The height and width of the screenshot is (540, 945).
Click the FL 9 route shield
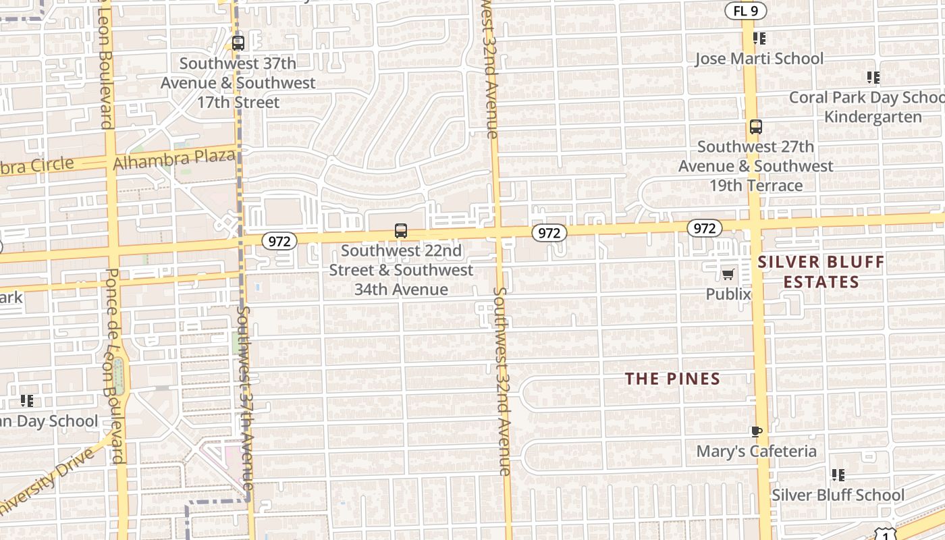(745, 11)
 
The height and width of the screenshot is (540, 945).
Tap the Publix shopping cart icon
(728, 274)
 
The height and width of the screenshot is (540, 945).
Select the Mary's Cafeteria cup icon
(756, 431)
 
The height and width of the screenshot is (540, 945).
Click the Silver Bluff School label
(838, 495)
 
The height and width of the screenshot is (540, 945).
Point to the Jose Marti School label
(759, 59)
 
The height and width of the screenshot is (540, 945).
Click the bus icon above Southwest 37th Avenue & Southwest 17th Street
(238, 43)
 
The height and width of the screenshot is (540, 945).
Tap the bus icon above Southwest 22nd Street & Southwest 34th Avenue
(401, 231)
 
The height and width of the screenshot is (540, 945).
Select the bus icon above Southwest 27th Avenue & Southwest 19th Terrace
(756, 127)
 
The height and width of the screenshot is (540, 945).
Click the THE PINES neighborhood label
(672, 379)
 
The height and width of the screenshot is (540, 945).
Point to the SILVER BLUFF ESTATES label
(821, 272)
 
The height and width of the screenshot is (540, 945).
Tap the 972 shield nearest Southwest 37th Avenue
(279, 241)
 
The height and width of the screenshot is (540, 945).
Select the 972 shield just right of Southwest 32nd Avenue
(549, 233)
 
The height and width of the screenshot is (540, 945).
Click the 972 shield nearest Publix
(704, 228)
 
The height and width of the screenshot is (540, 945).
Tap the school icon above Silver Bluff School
(838, 475)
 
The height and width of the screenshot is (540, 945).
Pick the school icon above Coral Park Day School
(873, 78)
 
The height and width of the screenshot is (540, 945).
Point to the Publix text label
(728, 294)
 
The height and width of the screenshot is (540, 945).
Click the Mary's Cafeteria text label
(756, 451)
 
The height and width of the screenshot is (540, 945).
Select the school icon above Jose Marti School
(759, 38)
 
